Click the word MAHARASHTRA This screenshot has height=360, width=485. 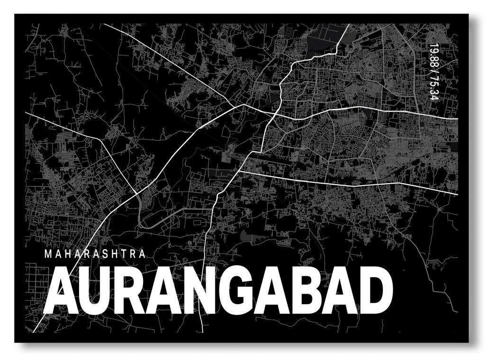94,254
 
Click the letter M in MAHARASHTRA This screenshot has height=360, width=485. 48,254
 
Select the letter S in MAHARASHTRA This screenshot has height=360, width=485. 104,254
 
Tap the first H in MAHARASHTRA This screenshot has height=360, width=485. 67,254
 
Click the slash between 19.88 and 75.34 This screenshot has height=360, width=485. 432,72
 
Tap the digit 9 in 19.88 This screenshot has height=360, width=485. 432,49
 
